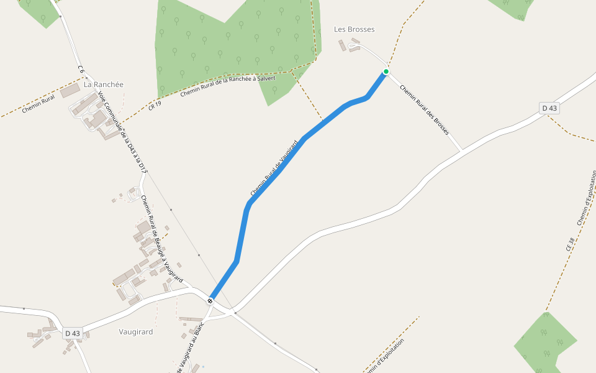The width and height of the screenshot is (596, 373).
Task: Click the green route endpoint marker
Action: (386, 71)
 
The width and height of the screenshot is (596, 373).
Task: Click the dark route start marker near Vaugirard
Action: (210, 301)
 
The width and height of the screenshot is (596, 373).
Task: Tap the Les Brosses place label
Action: (354, 29)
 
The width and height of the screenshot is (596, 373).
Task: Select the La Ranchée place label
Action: (104, 85)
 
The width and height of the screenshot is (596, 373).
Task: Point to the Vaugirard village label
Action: (135, 332)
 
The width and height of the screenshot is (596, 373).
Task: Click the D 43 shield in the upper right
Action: (549, 108)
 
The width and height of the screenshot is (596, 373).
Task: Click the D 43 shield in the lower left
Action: (73, 333)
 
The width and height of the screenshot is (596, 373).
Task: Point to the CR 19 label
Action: (155, 105)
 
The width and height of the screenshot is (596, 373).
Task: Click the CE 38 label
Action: (570, 244)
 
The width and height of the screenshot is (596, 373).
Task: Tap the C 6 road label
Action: (81, 70)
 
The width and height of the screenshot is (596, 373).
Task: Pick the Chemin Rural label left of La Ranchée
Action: (38, 104)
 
